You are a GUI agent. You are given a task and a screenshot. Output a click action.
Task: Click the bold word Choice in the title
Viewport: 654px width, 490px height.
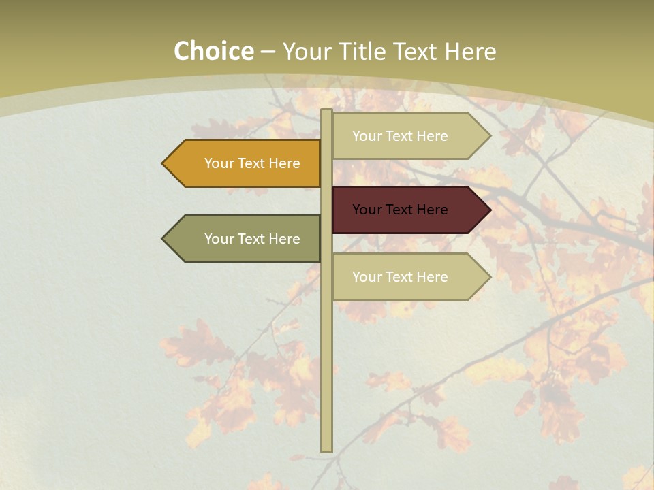coord(214,52)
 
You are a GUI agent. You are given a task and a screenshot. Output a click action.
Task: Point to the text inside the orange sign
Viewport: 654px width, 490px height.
coord(252,163)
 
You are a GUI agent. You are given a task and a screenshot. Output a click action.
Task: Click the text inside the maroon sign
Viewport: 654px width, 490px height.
coord(400,210)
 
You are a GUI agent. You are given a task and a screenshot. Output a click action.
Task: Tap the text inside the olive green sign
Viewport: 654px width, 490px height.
coord(252,239)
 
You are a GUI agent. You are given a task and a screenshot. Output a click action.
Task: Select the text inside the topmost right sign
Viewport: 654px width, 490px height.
coord(400,136)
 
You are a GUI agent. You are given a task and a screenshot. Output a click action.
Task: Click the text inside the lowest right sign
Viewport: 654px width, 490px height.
coord(400,277)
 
